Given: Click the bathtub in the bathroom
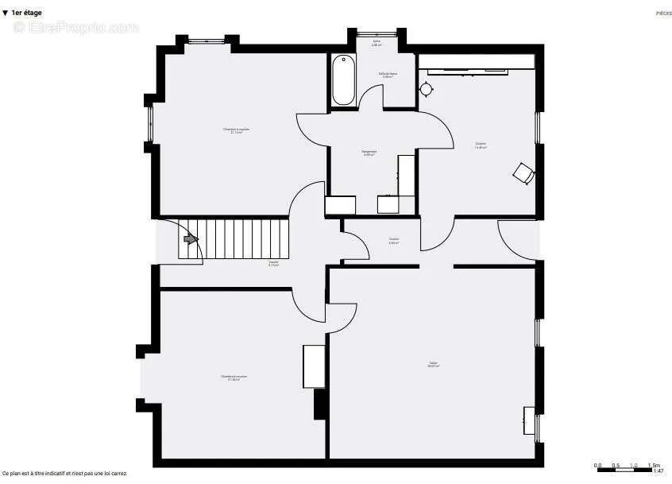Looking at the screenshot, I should tap(343, 79).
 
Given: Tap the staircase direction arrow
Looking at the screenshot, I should tap(190, 238).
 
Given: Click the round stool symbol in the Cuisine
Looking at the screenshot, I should tap(427, 89).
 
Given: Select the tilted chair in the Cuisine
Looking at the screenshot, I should tap(523, 172).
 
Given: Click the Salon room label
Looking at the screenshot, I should tap(434, 364).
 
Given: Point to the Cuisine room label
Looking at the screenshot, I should tap(481, 145).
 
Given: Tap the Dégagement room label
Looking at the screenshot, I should tap(369, 153).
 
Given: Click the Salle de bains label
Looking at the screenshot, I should tap(388, 75).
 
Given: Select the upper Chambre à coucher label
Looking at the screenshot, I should tap(236, 130).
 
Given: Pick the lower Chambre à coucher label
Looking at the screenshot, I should tap(234, 378).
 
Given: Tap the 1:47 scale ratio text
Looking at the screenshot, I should tap(658, 471).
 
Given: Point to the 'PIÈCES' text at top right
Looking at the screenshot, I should tap(662, 14).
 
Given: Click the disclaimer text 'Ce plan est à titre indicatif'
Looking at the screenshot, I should tap(64, 473).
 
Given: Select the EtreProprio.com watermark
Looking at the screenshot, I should tap(75, 28).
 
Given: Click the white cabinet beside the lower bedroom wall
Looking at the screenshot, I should tap(312, 366).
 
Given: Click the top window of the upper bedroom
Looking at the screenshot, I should tap(210, 41).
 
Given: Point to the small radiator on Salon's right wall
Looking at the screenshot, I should tap(529, 420).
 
